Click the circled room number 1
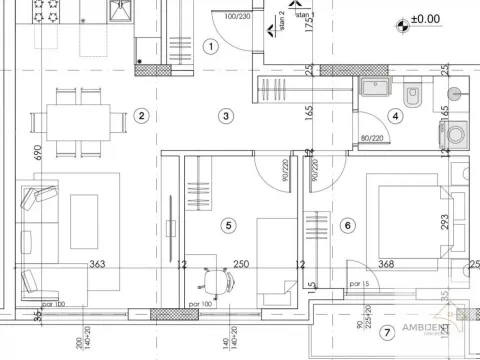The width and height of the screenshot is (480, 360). [x=210, y=46]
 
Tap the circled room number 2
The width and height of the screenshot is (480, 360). [x=142, y=116]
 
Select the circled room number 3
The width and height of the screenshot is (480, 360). [x=227, y=116]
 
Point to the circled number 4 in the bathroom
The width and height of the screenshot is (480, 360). [x=396, y=116]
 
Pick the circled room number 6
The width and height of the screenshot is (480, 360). [x=347, y=226]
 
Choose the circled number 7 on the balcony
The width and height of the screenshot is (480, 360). [x=387, y=331]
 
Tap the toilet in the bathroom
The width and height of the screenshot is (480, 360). [x=412, y=95]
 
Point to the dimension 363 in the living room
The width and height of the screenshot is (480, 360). [x=98, y=265]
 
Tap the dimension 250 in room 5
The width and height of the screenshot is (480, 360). [x=240, y=265]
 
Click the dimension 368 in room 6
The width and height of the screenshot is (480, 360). [x=386, y=265]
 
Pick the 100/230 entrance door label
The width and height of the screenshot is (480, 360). [x=238, y=16]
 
